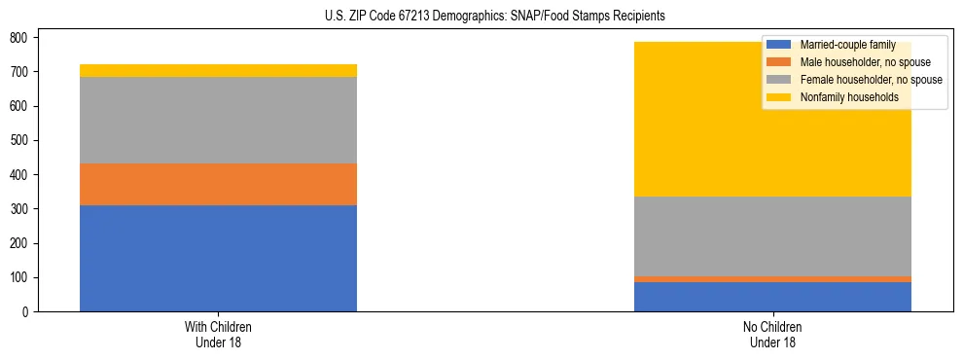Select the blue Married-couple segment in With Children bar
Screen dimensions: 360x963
(218, 258)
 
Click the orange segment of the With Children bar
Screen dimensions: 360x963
(218, 184)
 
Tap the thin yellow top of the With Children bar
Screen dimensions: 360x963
(218, 70)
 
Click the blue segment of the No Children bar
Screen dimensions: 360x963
(772, 297)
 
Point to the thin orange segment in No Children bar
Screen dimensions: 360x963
(772, 279)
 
